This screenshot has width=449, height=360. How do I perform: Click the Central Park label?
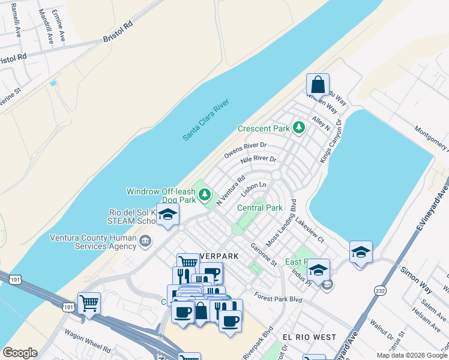(x=259, y=208)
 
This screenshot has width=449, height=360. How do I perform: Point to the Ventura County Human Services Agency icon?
(x=145, y=241)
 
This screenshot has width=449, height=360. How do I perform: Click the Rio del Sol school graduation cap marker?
(x=167, y=214)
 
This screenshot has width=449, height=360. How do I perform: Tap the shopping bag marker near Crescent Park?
(x=318, y=84)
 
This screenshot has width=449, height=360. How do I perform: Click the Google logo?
(x=20, y=353)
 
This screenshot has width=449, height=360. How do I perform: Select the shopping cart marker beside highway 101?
(x=89, y=304)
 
